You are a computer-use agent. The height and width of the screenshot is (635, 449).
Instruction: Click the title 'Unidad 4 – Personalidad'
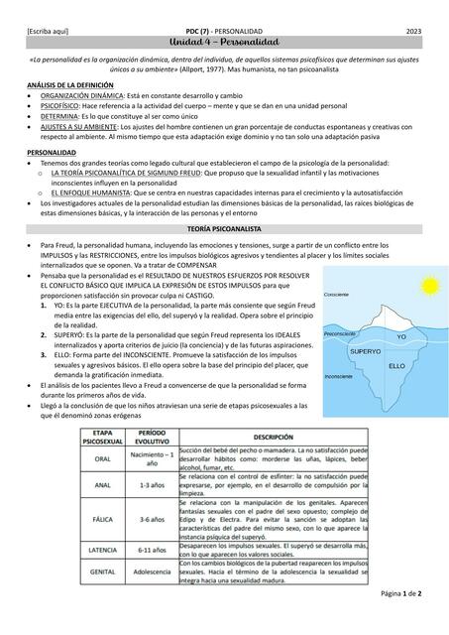[x=224, y=47]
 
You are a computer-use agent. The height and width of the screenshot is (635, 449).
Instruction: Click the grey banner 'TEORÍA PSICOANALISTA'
[x=224, y=229]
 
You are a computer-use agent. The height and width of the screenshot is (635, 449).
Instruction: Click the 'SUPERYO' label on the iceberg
[x=366, y=352]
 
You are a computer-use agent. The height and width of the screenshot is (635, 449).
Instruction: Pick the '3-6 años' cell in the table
[x=152, y=518]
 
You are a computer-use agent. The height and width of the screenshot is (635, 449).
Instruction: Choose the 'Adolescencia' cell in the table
[x=152, y=571]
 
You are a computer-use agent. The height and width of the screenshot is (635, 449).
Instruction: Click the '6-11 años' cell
[x=152, y=549]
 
